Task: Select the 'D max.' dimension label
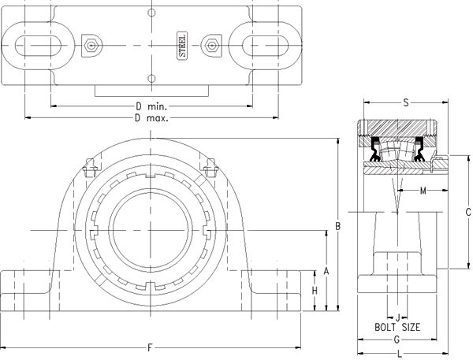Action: click(x=152, y=117)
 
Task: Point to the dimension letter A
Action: click(x=326, y=270)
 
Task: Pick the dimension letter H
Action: click(x=315, y=292)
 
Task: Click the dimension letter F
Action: click(x=150, y=347)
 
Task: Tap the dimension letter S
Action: click(x=405, y=102)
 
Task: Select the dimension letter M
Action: click(x=423, y=191)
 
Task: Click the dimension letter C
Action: click(x=467, y=211)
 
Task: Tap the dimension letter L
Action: click(x=399, y=354)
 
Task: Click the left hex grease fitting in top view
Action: click(x=91, y=46)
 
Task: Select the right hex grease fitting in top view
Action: click(x=210, y=46)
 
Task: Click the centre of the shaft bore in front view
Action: click(x=150, y=229)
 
